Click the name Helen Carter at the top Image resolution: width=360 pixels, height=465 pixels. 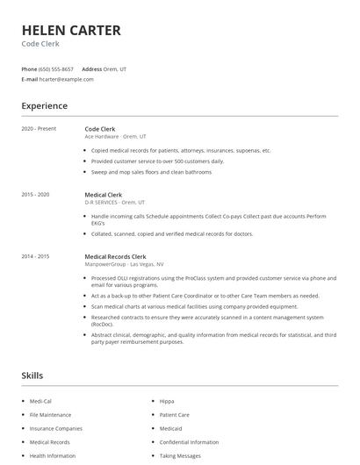(71, 31)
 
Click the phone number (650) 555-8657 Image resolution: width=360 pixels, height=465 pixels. (56, 68)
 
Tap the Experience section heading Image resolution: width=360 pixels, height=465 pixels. (44, 106)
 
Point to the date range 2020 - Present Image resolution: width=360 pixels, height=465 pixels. (39, 129)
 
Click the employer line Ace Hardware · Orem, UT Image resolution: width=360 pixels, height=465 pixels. (115, 137)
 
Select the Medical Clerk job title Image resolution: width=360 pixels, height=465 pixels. (104, 194)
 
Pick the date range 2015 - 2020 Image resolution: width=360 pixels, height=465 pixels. (36, 194)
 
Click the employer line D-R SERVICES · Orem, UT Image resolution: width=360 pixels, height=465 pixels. (115, 202)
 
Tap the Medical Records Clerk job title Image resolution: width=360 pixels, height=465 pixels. (115, 256)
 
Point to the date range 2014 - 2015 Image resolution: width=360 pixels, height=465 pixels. (36, 256)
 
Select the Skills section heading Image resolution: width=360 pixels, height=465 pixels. (32, 376)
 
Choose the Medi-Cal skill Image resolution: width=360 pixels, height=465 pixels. (41, 401)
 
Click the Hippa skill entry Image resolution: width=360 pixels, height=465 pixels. (168, 401)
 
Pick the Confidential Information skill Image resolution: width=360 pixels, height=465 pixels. (189, 442)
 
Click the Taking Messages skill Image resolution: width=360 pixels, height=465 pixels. (179, 456)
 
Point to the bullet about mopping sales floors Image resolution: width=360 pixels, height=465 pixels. (151, 172)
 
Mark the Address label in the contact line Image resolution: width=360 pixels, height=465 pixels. (92, 68)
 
